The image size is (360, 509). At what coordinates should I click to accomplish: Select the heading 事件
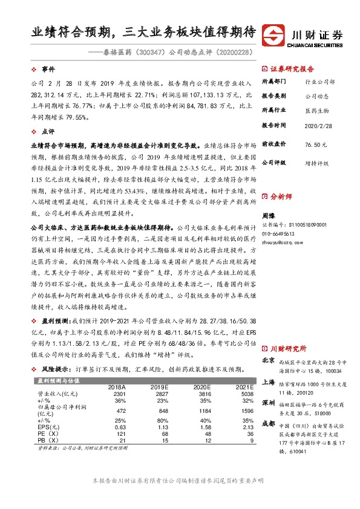[48, 70]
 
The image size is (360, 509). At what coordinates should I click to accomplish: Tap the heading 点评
[48, 131]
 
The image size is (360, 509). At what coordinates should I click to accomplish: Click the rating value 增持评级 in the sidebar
[316, 163]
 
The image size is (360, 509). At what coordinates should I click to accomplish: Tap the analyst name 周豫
[269, 215]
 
